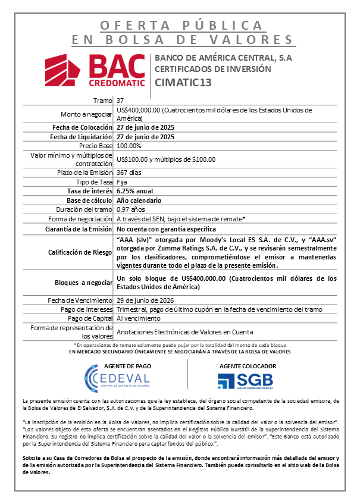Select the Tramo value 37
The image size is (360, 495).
point(121,101)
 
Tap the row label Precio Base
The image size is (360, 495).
point(96,146)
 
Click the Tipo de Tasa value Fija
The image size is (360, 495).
point(122,182)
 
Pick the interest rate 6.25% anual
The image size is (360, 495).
point(135,191)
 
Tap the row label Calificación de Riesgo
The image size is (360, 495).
point(80,252)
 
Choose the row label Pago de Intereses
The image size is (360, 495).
point(87,309)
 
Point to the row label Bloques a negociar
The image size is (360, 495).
point(83,283)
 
